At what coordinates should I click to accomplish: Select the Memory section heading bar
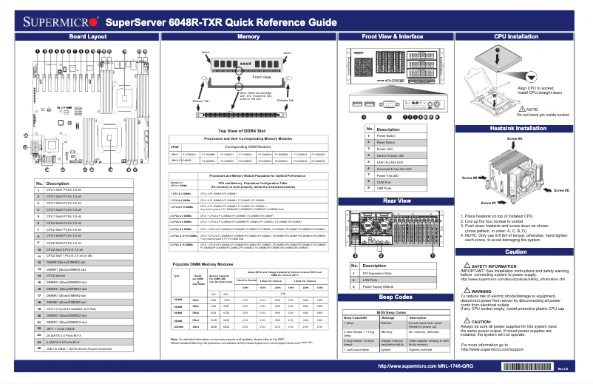(x=248, y=36)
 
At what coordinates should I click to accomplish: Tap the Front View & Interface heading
(x=393, y=36)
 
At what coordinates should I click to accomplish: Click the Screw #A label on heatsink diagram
(x=515, y=138)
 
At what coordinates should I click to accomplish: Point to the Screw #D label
(x=561, y=190)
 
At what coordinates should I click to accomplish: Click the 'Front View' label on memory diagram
(x=261, y=77)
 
